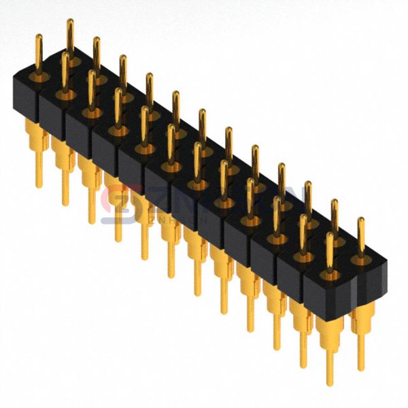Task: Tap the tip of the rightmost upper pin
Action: (361, 220)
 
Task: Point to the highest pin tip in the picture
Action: (69, 22)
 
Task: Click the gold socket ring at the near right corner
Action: (330, 275)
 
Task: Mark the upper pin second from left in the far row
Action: (97, 54)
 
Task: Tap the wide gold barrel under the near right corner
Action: (329, 326)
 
